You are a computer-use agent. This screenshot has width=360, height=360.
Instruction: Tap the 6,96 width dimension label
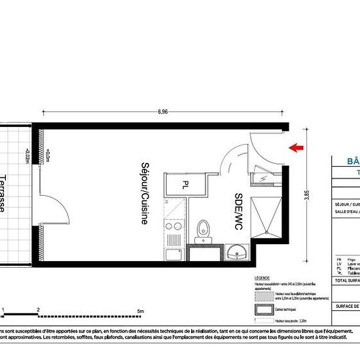click(x=162, y=112)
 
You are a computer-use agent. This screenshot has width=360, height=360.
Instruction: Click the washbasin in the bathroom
click(x=237, y=252)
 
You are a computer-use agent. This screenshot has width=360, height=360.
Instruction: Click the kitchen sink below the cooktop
click(x=173, y=253)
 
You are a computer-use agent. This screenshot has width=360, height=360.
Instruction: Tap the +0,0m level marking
click(x=48, y=156)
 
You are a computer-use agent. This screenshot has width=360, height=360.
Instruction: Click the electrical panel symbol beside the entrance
click(x=262, y=177)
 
